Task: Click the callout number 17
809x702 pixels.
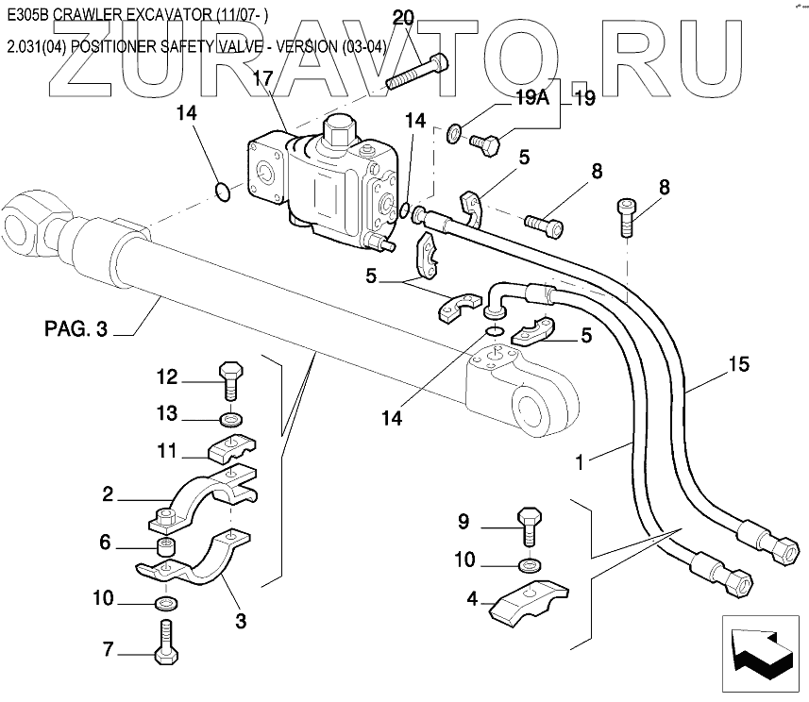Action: click(261, 78)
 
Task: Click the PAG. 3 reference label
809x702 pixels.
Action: click(76, 329)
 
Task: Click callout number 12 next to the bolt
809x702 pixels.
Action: click(166, 377)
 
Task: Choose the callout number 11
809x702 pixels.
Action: click(166, 451)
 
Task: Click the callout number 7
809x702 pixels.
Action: click(108, 649)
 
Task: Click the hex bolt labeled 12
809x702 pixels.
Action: click(229, 381)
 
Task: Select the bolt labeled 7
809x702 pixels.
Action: click(166, 643)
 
